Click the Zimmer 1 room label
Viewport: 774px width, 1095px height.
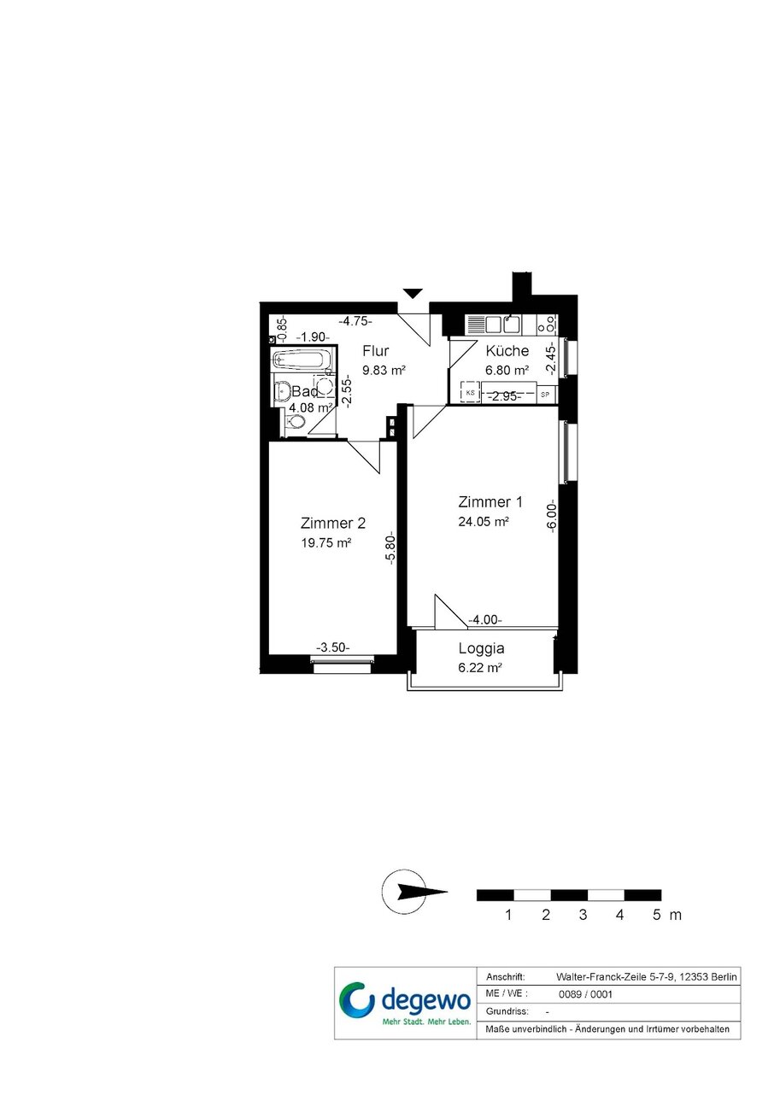coord(490,502)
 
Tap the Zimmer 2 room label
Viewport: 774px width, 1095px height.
coord(333,523)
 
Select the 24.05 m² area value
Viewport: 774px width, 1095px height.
coord(484,522)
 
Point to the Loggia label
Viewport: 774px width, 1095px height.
coord(481,649)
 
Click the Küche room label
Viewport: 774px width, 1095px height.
coord(507,350)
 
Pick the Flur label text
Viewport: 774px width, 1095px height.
coord(376,350)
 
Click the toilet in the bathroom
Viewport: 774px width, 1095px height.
coord(295,421)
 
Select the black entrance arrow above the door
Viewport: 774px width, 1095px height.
coord(413,293)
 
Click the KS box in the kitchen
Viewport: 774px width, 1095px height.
coord(471,392)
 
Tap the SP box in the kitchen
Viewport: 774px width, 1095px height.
coord(545,395)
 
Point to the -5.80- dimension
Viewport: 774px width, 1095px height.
coord(390,548)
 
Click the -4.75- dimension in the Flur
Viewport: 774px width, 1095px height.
coord(356,321)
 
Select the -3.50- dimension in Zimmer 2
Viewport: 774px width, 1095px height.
coord(333,647)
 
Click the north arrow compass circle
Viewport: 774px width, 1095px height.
coord(404,891)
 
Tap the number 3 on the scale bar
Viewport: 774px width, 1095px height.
coord(583,914)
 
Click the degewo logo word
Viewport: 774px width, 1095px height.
coord(425,1000)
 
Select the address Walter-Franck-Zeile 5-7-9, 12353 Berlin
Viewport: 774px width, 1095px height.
coord(647,977)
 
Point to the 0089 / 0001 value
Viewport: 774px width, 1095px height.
coord(585,994)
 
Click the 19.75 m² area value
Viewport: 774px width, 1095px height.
coord(326,542)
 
